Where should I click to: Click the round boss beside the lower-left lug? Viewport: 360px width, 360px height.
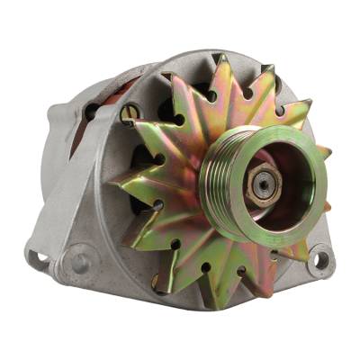[79, 262]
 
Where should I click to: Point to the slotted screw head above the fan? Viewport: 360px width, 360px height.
[130, 112]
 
